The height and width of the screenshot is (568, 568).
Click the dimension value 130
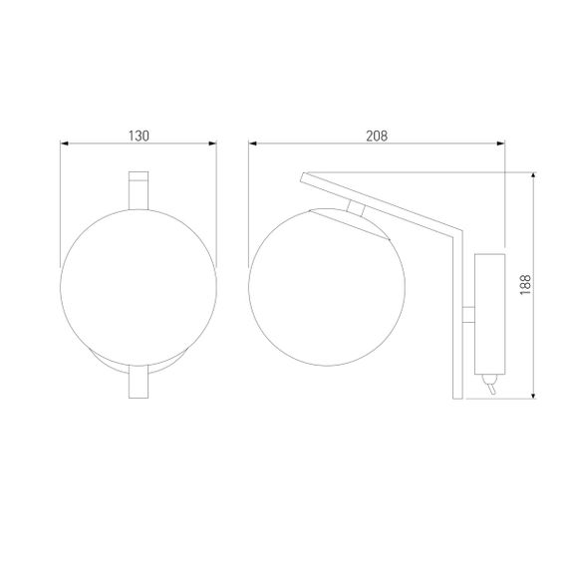pos(139,136)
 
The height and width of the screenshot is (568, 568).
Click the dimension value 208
pos(377,136)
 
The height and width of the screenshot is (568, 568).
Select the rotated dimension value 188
pos(524,286)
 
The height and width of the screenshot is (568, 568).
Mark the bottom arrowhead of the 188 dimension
pos(534,394)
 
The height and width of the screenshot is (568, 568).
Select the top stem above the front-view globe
pos(139,189)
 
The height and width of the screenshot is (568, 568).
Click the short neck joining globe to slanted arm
pos(355,208)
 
